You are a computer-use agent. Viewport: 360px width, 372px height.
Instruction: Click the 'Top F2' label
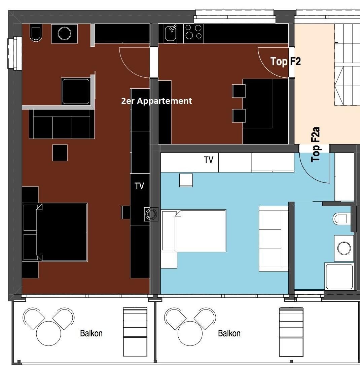pos(286,61)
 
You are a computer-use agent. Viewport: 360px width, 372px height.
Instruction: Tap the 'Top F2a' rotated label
pos(316,145)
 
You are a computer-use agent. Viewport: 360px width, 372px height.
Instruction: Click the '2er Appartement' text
pos(156,101)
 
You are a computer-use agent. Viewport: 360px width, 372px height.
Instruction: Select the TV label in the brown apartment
pos(139,186)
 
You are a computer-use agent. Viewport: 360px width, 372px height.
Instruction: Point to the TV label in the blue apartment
pos(209,160)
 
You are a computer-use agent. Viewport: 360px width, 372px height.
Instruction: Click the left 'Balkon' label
pos(91,333)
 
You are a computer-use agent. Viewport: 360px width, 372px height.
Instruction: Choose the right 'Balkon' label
pos(229,333)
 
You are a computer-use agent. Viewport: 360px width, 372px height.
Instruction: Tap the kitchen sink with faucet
pos(171,33)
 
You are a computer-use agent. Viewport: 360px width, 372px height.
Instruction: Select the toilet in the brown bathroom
pos(36,34)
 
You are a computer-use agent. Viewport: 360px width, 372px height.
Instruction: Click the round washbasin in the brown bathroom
pos(64,34)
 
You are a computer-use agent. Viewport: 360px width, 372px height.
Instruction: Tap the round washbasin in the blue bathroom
pos(344,248)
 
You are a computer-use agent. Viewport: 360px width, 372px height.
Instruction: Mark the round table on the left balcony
pos(48,333)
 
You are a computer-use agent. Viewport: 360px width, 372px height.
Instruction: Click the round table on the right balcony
pos(190,333)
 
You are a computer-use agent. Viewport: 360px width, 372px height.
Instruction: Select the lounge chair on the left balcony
pos(135,332)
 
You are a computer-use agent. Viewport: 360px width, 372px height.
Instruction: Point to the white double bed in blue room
pos(193,231)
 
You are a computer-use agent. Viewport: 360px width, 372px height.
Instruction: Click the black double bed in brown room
pos(55,232)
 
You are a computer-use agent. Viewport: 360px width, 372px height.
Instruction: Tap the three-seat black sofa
pos(62,124)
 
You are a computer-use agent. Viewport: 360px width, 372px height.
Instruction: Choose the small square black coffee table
pos(60,153)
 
